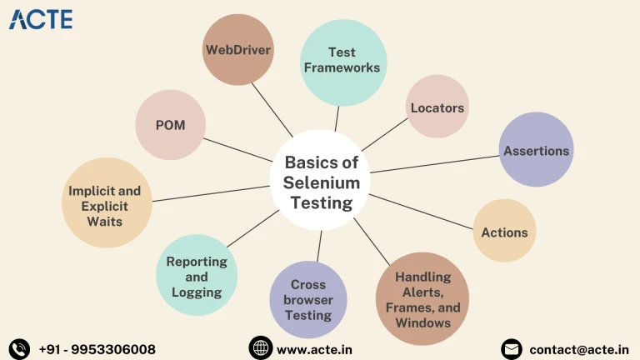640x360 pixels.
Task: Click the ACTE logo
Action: [41, 19]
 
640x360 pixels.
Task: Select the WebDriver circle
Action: [238, 49]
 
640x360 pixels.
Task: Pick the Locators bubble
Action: [437, 107]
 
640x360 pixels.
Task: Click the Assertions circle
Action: [536, 150]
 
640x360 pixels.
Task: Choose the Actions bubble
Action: [504, 231]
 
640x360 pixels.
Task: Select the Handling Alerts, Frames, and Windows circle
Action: [422, 298]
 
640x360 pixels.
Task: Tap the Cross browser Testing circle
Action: [308, 300]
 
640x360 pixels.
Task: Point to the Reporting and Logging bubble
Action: [197, 276]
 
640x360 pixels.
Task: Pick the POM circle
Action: [170, 125]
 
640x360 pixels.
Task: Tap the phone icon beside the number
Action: [19, 348]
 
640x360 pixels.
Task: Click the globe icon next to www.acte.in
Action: [261, 348]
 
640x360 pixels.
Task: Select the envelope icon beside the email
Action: [512, 348]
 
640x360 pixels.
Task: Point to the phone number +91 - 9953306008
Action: [97, 349]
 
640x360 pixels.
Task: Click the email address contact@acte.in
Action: [579, 349]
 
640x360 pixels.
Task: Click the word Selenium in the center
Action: [322, 182]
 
